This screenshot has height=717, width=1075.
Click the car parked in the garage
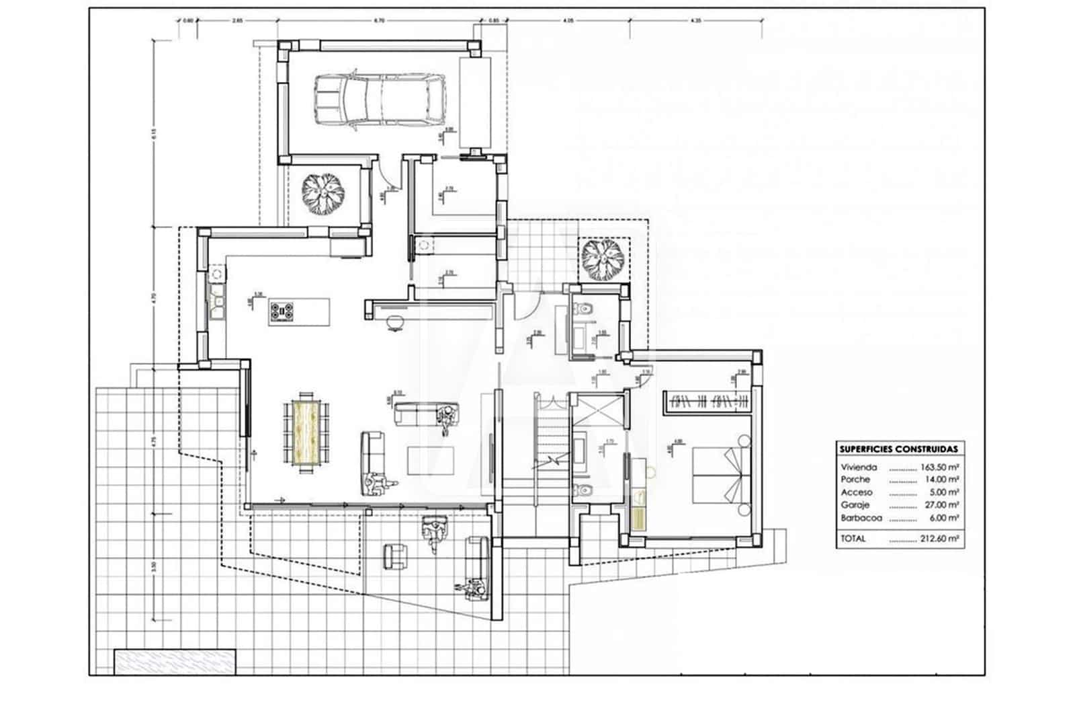tap(380, 100)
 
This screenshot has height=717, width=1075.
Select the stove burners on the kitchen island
tap(283, 311)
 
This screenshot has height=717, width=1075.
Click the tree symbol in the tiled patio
tap(602, 260)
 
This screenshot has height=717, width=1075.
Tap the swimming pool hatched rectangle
tap(175, 661)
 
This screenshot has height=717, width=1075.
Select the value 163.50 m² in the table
tap(943, 466)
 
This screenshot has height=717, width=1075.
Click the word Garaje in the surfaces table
tap(855, 505)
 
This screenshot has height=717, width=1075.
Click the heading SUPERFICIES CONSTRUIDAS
tap(899, 449)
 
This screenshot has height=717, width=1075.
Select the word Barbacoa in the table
tap(860, 519)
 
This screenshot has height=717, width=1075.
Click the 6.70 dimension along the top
tap(378, 21)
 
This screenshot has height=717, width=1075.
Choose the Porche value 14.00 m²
tap(943, 480)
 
